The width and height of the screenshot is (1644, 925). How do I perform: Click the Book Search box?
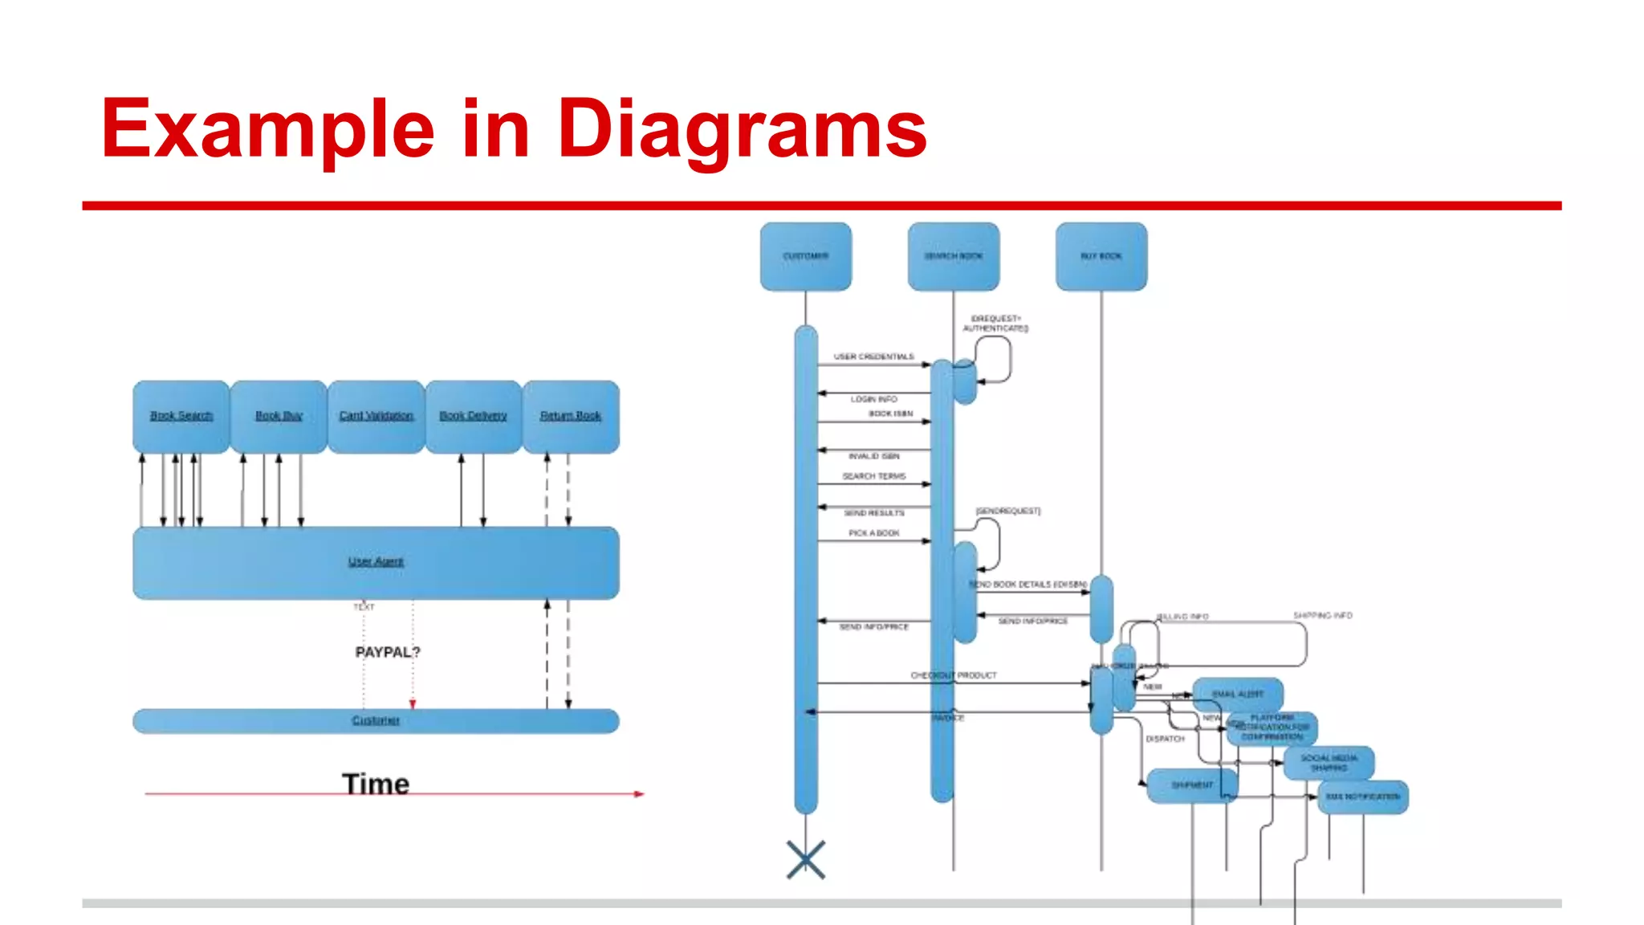click(x=181, y=417)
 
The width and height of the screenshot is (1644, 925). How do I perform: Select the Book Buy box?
click(x=279, y=417)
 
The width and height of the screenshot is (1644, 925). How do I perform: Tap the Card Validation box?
click(x=376, y=417)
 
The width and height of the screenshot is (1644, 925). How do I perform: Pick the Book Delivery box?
click(x=474, y=417)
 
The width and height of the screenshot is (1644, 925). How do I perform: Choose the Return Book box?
click(x=571, y=417)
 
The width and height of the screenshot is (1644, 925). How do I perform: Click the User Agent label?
click(x=376, y=561)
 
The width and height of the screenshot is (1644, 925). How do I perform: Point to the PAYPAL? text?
click(x=388, y=652)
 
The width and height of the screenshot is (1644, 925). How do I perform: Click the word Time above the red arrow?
click(x=376, y=783)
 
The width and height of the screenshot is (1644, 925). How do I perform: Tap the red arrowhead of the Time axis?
click(x=639, y=794)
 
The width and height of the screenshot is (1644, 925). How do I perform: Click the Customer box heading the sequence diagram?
click(x=806, y=256)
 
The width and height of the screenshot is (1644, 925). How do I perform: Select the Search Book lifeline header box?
click(x=954, y=256)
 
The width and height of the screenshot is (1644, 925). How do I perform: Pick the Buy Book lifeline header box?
click(x=1101, y=256)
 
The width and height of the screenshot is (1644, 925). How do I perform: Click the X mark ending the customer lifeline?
click(x=806, y=860)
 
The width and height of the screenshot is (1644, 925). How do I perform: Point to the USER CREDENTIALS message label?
click(x=873, y=357)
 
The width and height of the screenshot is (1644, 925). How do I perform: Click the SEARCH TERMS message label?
click(x=873, y=476)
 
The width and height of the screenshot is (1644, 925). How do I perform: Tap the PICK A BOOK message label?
click(x=873, y=533)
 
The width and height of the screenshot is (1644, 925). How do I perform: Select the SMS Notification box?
click(x=1363, y=797)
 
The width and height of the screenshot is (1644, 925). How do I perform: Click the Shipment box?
click(x=1192, y=785)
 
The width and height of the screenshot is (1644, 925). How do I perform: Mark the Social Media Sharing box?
click(x=1329, y=763)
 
